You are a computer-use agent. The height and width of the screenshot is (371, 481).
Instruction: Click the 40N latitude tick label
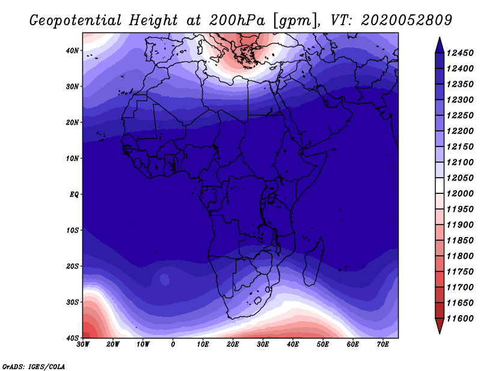click(x=72, y=50)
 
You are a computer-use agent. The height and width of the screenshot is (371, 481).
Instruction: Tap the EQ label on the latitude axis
click(x=74, y=195)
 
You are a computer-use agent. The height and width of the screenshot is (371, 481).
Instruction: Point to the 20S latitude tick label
click(x=72, y=266)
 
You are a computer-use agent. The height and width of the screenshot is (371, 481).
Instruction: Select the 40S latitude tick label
click(x=72, y=338)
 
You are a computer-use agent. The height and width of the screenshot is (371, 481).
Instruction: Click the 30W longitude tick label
click(x=83, y=345)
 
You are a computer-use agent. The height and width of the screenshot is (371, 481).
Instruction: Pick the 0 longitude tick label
click(x=173, y=345)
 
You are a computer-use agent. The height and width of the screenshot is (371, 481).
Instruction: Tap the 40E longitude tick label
click(x=293, y=345)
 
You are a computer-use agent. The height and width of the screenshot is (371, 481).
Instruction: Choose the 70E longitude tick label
click(x=383, y=345)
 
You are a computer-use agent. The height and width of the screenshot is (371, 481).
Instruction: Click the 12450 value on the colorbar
click(x=460, y=53)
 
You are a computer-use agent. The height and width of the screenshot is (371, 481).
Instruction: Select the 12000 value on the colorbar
click(x=460, y=194)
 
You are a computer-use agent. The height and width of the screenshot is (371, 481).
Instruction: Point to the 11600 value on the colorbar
click(x=460, y=319)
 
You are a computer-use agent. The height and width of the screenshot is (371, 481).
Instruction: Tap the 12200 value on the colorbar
click(x=460, y=131)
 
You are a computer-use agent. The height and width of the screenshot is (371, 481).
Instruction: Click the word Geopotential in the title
click(x=76, y=21)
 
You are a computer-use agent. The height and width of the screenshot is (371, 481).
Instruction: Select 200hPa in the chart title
click(x=237, y=20)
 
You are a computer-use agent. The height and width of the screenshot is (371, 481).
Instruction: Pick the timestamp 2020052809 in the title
click(x=406, y=20)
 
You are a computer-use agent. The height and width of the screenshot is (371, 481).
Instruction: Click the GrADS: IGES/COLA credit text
click(x=34, y=367)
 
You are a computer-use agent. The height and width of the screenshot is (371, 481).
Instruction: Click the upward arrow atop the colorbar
click(x=440, y=45)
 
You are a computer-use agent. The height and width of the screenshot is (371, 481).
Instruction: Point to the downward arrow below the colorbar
click(x=440, y=326)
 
